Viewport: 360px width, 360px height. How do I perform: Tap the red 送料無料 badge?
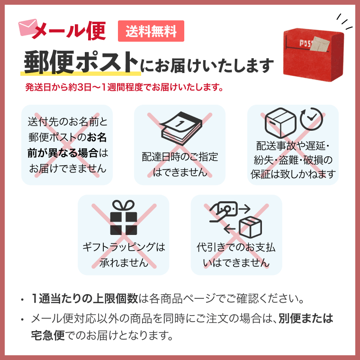pos(151,31)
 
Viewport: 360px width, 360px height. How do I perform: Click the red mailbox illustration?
pos(313,52)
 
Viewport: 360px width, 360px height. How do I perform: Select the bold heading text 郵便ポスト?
pos(81,62)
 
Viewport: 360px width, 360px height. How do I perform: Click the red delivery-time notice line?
pos(124,88)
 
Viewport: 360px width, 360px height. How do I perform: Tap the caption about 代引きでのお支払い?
pos(236,254)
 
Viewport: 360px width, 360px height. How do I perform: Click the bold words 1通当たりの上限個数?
pos(85,299)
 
